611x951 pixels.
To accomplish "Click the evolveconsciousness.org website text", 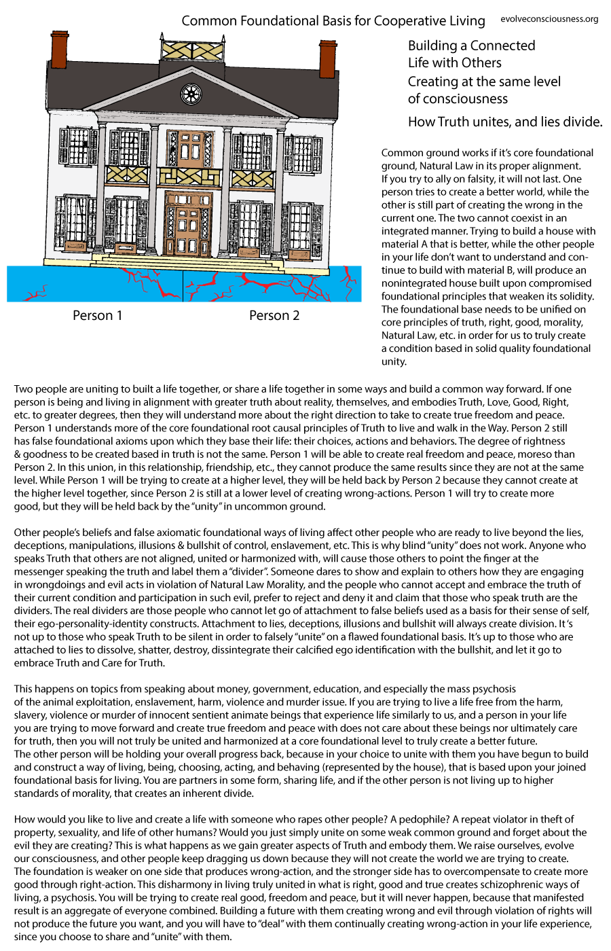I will coord(549,19).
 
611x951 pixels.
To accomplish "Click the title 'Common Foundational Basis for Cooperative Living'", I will coord(333,20).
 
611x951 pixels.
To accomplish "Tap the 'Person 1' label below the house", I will coord(98,315).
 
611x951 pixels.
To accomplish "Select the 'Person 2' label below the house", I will coord(274,315).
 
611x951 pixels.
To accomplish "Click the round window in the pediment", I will coord(191,94).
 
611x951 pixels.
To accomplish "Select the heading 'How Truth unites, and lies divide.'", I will coord(504,122).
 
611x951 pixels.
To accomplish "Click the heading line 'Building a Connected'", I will coord(471,46).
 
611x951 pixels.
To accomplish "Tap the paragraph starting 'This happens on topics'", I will coord(299,740).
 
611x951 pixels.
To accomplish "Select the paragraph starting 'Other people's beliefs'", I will coord(299,597).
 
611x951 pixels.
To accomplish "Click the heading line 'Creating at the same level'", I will coord(484,82).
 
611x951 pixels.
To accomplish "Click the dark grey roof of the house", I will coord(102,88).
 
